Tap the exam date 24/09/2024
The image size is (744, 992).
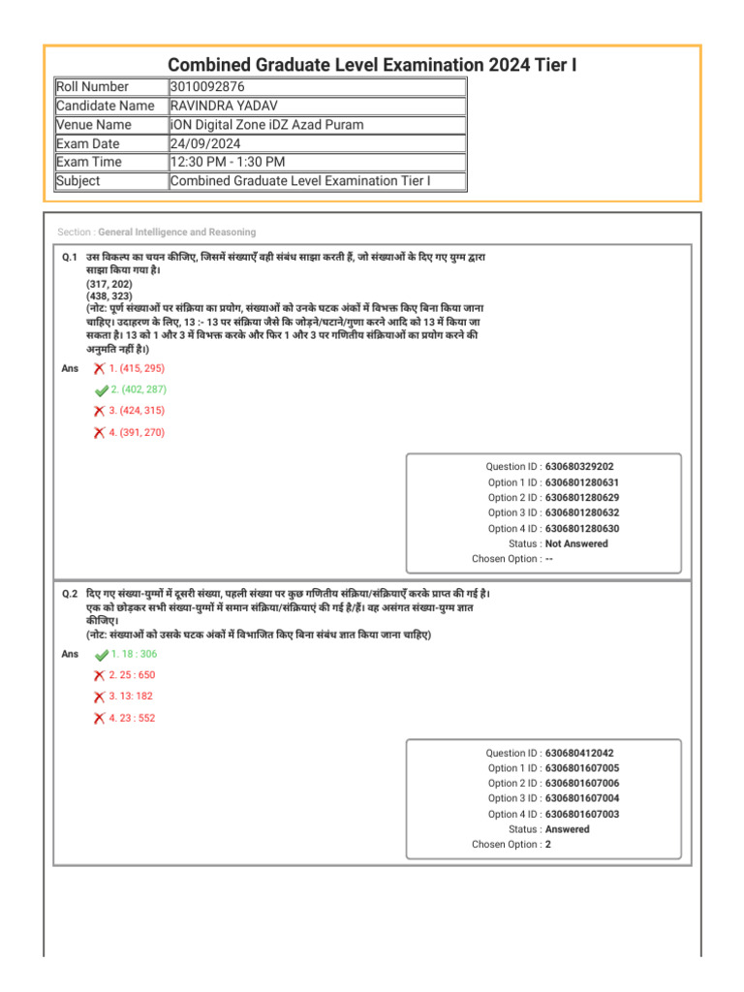pos(204,143)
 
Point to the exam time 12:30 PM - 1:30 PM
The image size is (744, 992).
pos(228,162)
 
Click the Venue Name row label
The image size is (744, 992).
pos(94,125)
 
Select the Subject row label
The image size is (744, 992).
pos(78,181)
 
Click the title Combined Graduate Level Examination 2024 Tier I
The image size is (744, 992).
pos(372,64)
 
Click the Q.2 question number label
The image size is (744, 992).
pos(70,592)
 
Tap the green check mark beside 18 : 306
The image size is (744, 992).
pos(102,656)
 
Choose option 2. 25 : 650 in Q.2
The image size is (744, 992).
pos(132,675)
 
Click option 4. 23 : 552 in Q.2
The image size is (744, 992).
pos(132,718)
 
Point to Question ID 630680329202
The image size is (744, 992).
pos(579,466)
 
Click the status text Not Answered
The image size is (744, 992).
pos(576,543)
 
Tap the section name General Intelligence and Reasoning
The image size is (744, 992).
pos(177,232)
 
